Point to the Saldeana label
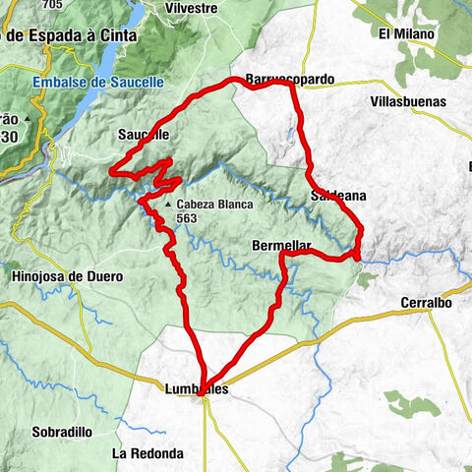(x=337, y=197)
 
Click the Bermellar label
(x=281, y=245)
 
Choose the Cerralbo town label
(x=426, y=303)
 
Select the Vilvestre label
(x=191, y=7)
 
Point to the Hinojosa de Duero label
(x=67, y=276)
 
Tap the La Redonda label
(x=147, y=453)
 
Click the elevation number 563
(x=188, y=218)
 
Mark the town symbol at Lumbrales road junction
(x=203, y=400)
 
